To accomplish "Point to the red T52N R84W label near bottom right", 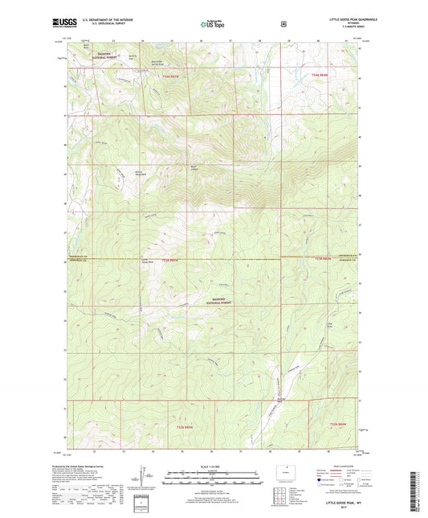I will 341,424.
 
